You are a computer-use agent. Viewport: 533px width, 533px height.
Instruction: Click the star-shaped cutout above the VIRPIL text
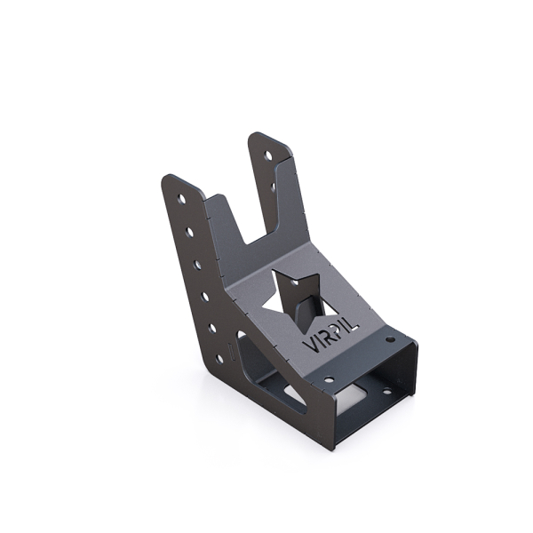[296, 297]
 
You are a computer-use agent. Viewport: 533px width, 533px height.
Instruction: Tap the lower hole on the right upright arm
[273, 187]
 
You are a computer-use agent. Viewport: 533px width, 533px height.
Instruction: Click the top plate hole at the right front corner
[390, 340]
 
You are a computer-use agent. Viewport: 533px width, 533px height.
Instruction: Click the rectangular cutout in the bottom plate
[359, 390]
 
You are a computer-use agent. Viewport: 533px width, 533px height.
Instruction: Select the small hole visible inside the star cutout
[303, 311]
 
